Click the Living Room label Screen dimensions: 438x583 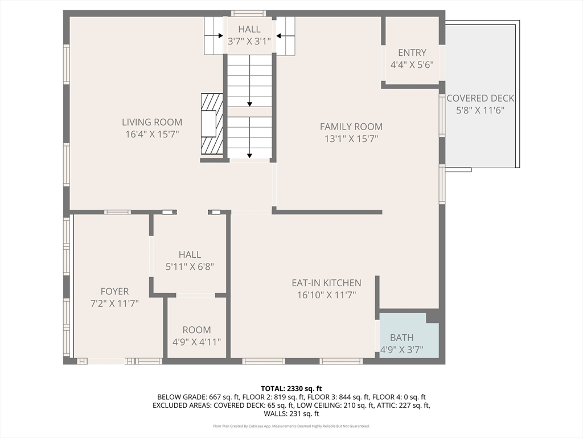coord(152,122)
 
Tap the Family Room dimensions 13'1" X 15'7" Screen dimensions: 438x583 coord(351,139)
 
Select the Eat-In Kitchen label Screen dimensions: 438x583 coord(326,283)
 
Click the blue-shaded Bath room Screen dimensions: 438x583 coord(408,336)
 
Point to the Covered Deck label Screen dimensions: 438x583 coord(481,99)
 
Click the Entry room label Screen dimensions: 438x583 coord(412,53)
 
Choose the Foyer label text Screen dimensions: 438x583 coord(115,291)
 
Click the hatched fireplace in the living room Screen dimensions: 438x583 coord(211,124)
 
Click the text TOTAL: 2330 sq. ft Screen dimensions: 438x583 coord(291,388)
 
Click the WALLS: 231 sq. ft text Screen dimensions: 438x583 coord(291,414)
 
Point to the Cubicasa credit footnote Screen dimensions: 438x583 coord(291,426)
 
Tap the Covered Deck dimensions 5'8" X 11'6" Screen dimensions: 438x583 coord(481,111)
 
